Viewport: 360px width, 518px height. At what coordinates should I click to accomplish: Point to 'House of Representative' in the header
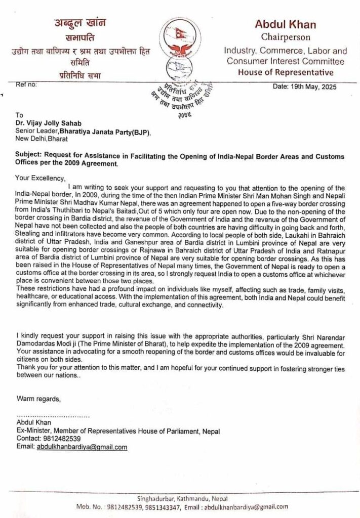(285, 72)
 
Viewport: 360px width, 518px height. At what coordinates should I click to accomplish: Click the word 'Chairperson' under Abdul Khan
(285, 37)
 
